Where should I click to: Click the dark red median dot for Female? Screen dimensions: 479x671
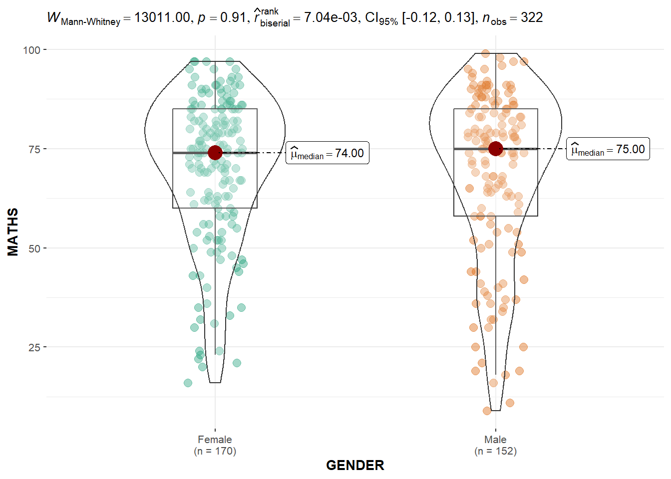(x=215, y=153)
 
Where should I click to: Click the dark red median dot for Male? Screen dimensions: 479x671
(x=495, y=149)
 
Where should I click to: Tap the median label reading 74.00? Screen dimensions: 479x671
(x=328, y=153)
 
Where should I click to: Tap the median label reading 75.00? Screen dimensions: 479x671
(x=608, y=149)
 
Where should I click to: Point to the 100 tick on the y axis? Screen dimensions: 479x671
(x=31, y=50)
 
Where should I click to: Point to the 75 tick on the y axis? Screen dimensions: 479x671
(x=34, y=149)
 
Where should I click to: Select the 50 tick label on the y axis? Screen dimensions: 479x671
(x=34, y=248)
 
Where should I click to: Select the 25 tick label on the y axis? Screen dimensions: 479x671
(x=34, y=347)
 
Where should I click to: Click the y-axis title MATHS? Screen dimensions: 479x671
(x=13, y=232)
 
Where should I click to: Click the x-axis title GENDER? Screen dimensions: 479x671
(x=355, y=466)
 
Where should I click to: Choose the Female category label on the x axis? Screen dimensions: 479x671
(x=215, y=440)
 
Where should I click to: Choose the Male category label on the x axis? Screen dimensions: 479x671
(x=495, y=440)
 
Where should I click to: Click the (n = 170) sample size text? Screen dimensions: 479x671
(x=215, y=451)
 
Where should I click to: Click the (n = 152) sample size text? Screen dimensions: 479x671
(x=495, y=451)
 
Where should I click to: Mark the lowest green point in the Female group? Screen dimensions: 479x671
(x=188, y=383)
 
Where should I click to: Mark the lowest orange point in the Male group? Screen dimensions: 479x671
(x=487, y=411)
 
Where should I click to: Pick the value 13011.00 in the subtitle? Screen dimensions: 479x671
(x=162, y=18)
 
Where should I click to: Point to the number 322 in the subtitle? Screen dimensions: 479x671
(x=532, y=18)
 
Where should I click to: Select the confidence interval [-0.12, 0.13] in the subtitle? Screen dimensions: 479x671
(x=438, y=18)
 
